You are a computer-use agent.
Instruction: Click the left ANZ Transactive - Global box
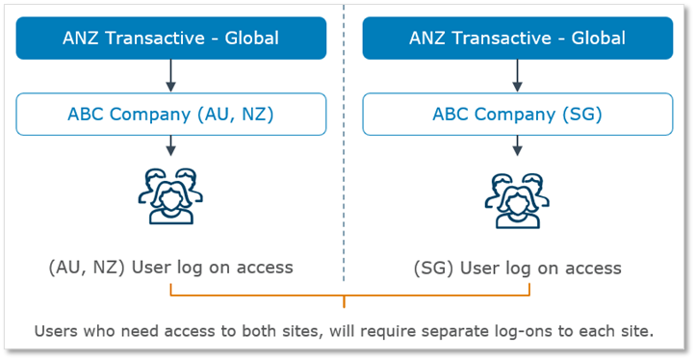click(170, 39)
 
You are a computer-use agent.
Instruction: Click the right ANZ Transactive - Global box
click(517, 39)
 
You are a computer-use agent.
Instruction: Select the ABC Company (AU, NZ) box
click(170, 115)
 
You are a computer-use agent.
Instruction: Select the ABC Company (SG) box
click(517, 115)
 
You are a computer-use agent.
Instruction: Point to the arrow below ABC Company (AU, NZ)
click(170, 145)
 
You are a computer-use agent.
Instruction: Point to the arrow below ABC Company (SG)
click(517, 145)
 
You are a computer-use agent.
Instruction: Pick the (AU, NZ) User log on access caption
click(170, 267)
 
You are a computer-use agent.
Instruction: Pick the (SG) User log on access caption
click(517, 268)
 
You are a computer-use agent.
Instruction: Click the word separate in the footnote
click(459, 331)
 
